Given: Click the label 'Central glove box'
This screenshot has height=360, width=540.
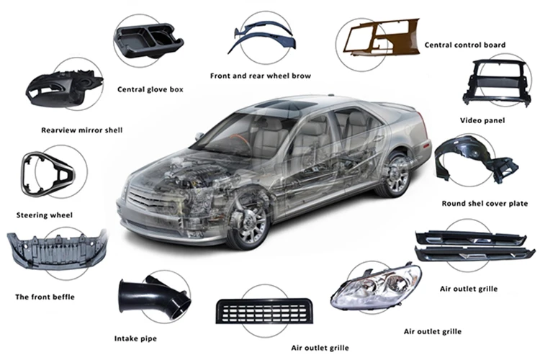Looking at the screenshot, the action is click(x=150, y=89).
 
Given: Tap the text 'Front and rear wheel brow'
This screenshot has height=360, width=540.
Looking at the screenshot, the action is click(x=261, y=76).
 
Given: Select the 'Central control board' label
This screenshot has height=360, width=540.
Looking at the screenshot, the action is click(x=465, y=45).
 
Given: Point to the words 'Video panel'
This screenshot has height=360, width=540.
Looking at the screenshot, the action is click(x=482, y=120).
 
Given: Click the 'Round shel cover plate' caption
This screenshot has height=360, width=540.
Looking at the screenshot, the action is click(x=485, y=204).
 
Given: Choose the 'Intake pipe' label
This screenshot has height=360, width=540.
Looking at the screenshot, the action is click(x=135, y=338).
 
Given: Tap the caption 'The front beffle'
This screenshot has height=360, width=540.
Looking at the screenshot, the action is click(x=45, y=297).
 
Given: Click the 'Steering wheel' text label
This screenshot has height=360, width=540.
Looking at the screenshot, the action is click(x=45, y=215).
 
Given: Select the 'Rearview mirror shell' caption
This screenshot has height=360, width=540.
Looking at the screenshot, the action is click(x=81, y=130).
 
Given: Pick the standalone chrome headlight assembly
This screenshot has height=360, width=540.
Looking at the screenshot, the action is click(x=375, y=286).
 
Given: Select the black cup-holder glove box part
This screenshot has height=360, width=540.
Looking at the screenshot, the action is click(x=148, y=40).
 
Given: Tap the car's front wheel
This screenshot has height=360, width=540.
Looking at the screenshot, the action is click(x=249, y=220).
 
